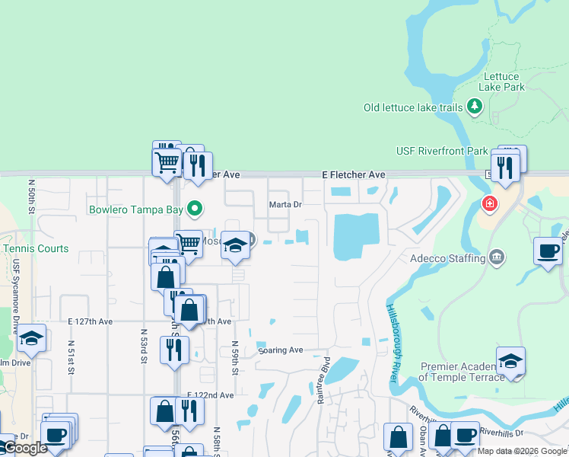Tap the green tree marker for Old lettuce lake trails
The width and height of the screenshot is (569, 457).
tap(476, 106)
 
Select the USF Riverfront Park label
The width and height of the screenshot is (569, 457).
tap(442, 151)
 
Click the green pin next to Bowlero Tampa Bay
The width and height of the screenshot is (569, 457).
tap(195, 207)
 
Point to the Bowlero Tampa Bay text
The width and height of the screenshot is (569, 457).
tap(136, 209)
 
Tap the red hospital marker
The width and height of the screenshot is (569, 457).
tap(488, 204)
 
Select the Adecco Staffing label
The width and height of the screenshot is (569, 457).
tap(447, 258)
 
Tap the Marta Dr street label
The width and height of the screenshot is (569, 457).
tap(286, 204)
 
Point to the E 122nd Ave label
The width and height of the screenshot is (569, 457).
tap(210, 395)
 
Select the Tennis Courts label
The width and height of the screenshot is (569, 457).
tap(35, 248)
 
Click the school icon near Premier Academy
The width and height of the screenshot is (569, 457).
tap(510, 361)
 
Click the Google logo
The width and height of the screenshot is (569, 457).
tap(24, 448)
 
